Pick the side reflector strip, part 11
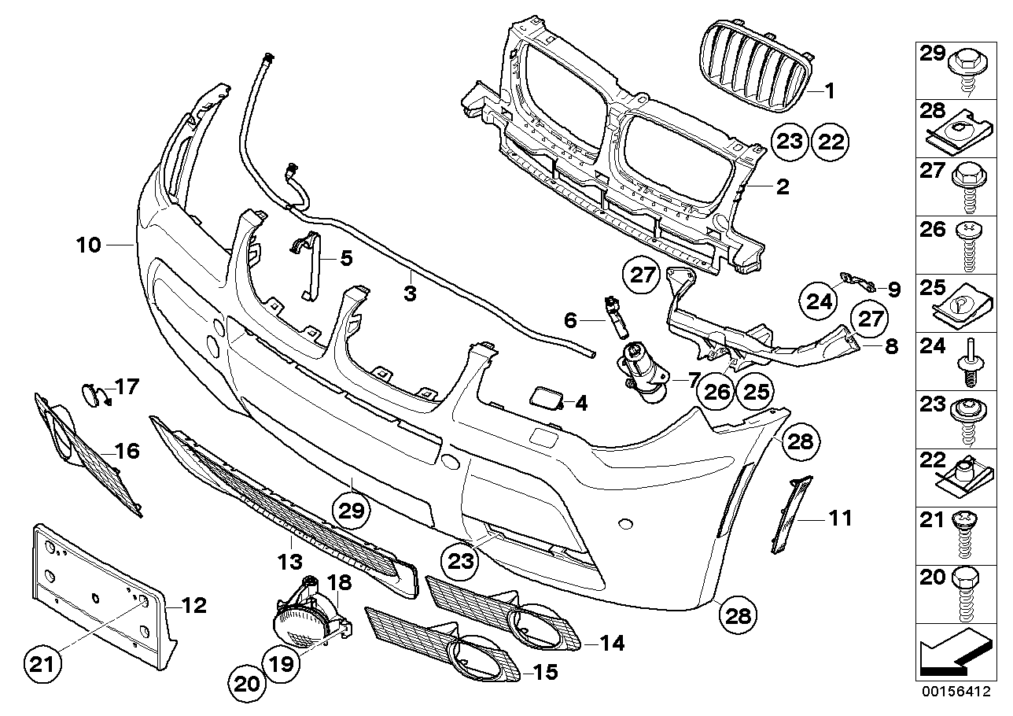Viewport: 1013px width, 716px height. click(790, 515)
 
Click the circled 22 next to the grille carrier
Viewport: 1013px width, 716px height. click(831, 142)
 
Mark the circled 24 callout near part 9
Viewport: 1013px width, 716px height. click(820, 301)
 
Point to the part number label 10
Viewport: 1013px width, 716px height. click(89, 245)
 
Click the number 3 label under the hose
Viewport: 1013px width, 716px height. click(410, 293)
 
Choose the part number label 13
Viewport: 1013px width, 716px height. click(289, 561)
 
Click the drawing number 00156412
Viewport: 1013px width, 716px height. click(953, 693)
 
